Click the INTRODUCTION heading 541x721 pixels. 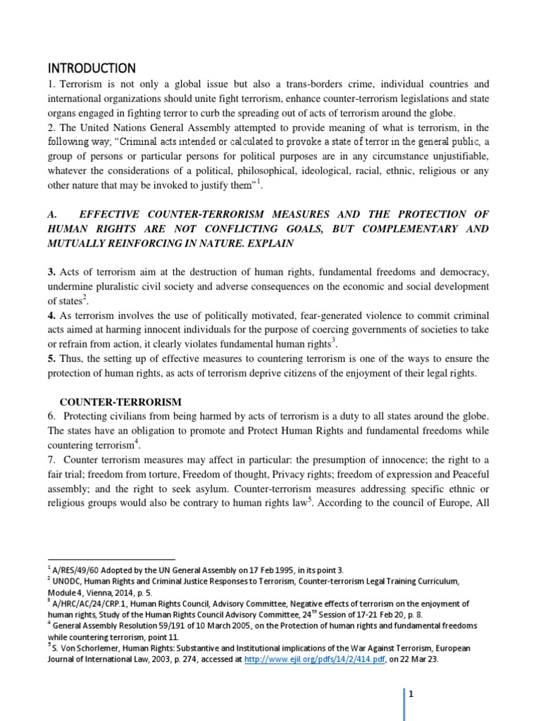tap(91, 68)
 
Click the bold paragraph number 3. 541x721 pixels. tap(51, 272)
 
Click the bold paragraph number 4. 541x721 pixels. tap(51, 315)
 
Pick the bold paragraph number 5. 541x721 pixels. tap(51, 358)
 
